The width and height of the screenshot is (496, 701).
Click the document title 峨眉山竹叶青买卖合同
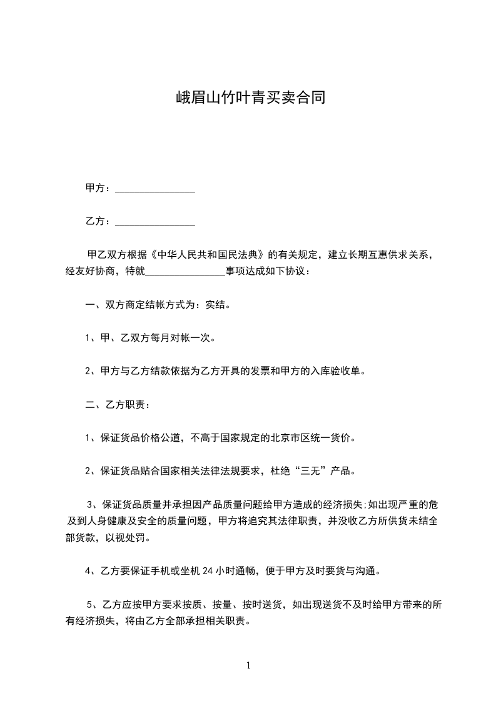(248, 99)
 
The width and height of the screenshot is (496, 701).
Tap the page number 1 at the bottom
(248, 666)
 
